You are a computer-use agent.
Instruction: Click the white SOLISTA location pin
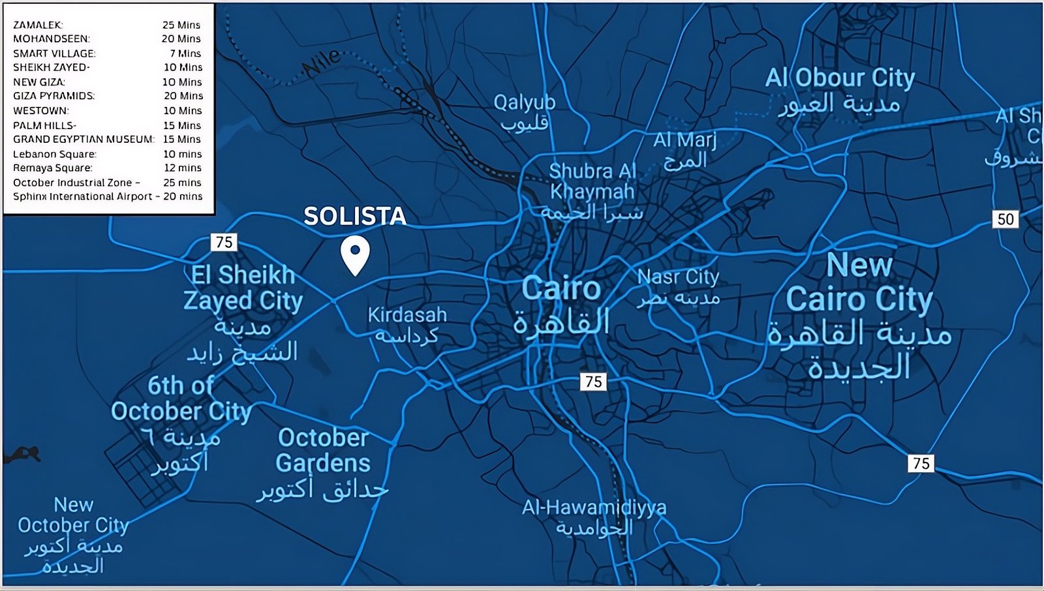[x=355, y=254]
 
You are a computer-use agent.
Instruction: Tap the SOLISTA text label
[x=354, y=216]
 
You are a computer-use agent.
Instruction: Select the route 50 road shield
[x=1006, y=219]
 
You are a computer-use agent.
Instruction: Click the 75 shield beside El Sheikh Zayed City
[x=224, y=242]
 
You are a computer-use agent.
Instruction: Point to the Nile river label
[x=320, y=62]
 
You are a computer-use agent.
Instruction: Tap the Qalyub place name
[x=525, y=102]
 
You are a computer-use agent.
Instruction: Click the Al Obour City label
[x=840, y=78]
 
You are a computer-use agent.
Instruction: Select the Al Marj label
[x=684, y=140]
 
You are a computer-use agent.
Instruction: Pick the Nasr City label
[x=678, y=277]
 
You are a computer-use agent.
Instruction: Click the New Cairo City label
[x=859, y=284]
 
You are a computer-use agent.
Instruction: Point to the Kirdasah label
[x=407, y=315]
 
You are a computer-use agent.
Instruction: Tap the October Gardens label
[x=323, y=450]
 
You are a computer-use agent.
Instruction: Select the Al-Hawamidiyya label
[x=594, y=507]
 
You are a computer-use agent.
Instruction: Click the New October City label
[x=73, y=515]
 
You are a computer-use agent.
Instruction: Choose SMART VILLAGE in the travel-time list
[x=54, y=53]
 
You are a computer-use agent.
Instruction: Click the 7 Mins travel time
[x=185, y=53]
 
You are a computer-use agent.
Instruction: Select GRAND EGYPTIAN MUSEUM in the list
[x=84, y=139]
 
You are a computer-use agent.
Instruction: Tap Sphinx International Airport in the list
[x=82, y=196]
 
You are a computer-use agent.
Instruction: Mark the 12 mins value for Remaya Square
[x=183, y=168]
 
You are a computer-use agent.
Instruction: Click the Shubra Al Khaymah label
[x=592, y=181]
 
